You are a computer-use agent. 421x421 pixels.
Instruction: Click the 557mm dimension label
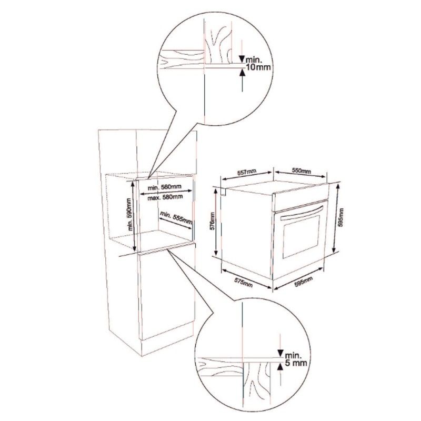click(246, 173)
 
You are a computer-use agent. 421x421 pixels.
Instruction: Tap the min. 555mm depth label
click(176, 218)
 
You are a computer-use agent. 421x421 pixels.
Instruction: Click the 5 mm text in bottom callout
click(295, 363)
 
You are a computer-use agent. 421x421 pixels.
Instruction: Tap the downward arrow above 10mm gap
click(242, 59)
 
